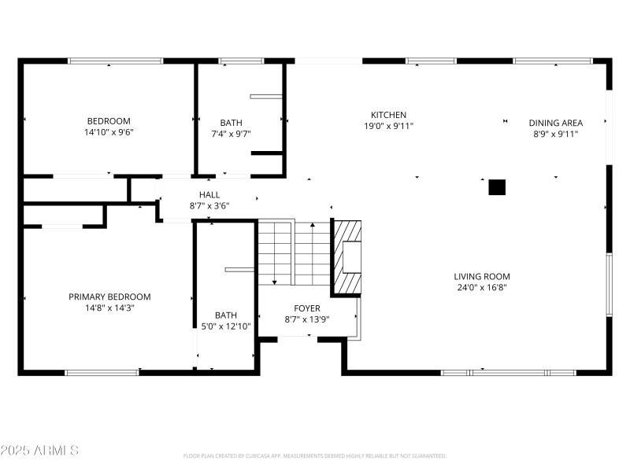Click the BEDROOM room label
click(109, 121)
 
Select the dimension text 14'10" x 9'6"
click(109, 132)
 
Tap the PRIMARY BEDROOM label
click(109, 297)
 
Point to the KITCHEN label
click(389, 115)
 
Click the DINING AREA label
click(555, 123)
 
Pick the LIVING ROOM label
click(482, 276)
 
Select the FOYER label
click(307, 308)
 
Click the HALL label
click(209, 194)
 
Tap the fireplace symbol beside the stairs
click(347, 257)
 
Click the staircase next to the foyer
click(294, 253)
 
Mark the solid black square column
click(497, 187)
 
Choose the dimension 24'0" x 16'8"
click(482, 288)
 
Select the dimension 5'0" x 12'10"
click(226, 326)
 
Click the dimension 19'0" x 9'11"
click(389, 126)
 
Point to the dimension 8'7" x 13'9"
click(307, 319)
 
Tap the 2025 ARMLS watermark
click(39, 451)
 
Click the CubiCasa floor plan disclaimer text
click(315, 455)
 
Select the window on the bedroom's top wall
click(115, 61)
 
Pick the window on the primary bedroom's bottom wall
click(102, 372)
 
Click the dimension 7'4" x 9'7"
click(231, 134)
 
